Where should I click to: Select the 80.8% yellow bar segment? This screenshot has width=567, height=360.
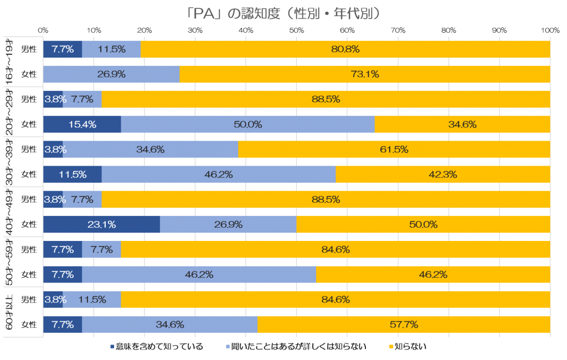click(346, 49)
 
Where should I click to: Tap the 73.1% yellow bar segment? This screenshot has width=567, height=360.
click(364, 74)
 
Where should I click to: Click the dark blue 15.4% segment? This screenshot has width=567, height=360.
click(82, 125)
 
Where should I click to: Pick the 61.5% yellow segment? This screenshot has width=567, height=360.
click(394, 150)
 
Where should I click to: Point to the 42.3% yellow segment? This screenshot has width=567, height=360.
click(442, 174)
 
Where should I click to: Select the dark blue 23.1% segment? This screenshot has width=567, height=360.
click(101, 224)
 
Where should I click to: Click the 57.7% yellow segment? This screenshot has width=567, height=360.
click(404, 325)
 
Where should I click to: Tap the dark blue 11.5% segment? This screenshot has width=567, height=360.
click(72, 174)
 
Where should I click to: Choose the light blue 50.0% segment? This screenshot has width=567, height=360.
click(248, 125)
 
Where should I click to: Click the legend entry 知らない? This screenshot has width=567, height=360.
click(410, 347)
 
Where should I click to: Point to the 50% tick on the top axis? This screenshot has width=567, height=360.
click(297, 29)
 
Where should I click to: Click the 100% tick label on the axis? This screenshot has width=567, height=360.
click(550, 29)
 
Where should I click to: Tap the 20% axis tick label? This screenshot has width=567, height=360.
click(145, 29)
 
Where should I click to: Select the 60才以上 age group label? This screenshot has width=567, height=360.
click(9, 312)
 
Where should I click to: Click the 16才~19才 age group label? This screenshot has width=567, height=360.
click(9, 61)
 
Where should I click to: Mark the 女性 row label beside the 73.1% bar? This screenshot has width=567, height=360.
click(29, 74)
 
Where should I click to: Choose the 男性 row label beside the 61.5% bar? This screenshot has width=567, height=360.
click(29, 150)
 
